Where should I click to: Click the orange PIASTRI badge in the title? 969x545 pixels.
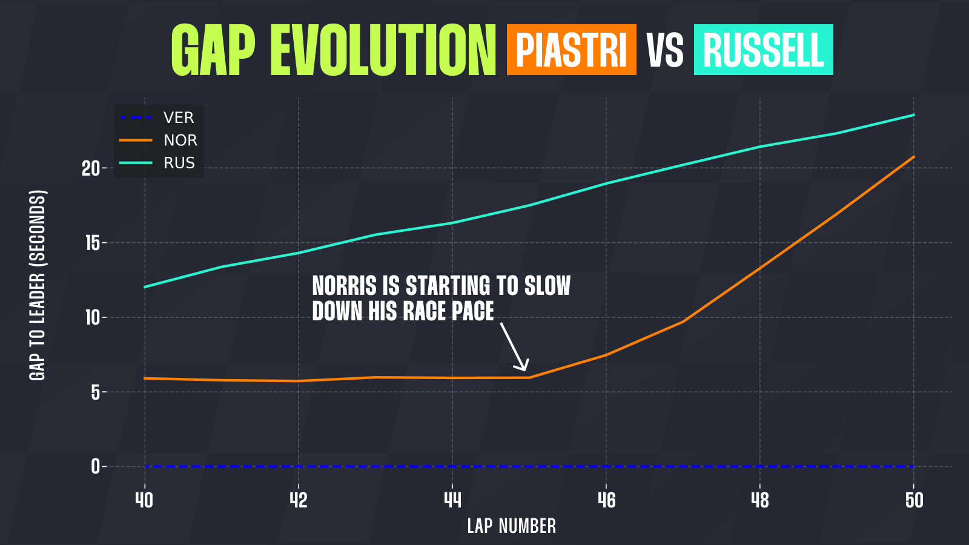(572, 50)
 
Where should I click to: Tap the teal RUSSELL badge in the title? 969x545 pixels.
(764, 50)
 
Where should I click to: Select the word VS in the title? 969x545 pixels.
(665, 51)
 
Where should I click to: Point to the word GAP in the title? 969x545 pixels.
(213, 51)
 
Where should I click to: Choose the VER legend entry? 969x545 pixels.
(157, 117)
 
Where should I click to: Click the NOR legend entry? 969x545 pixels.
(158, 140)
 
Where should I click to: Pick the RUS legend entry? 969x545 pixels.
(157, 163)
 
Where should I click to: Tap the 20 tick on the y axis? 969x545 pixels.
(91, 168)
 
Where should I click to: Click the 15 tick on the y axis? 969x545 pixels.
(93, 243)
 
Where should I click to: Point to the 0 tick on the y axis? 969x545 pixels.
(96, 467)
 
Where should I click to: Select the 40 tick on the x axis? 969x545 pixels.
(145, 500)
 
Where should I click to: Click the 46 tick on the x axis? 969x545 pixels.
(606, 500)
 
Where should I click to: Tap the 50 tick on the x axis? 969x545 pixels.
(914, 500)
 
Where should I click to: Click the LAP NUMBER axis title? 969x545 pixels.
(511, 526)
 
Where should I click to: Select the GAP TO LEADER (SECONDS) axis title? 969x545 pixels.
(37, 285)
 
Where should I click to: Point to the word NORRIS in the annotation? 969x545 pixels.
(345, 286)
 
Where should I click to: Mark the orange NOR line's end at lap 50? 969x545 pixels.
(914, 156)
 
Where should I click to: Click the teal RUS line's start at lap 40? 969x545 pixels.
(145, 287)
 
